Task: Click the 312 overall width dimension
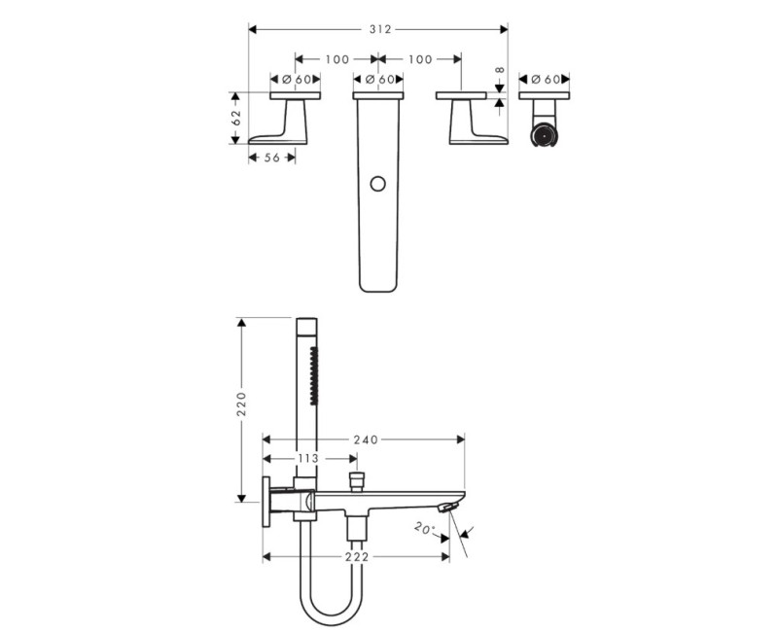pyautogui.click(x=380, y=29)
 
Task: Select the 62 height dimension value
pyautogui.click(x=236, y=118)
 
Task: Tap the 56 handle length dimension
pyautogui.click(x=272, y=158)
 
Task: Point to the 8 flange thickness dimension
pyautogui.click(x=500, y=70)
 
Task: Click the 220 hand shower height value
pyautogui.click(x=241, y=404)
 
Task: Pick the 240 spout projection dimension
pyautogui.click(x=366, y=439)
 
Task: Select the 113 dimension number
pyautogui.click(x=308, y=458)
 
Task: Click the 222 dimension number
pyautogui.click(x=357, y=556)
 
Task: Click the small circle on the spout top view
pyautogui.click(x=377, y=184)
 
